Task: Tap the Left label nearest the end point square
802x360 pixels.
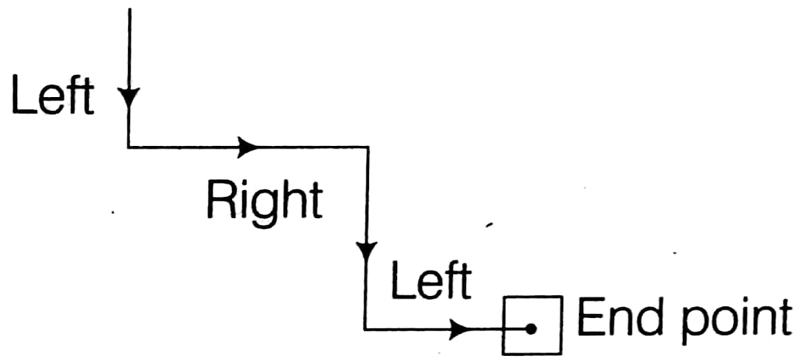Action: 430,281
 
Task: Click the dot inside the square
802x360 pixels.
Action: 530,330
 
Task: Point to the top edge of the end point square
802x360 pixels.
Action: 533,297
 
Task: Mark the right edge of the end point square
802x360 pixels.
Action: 561,325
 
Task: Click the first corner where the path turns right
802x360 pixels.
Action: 129,146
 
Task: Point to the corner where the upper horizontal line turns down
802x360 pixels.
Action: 367,146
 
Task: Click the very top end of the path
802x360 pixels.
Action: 129,8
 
